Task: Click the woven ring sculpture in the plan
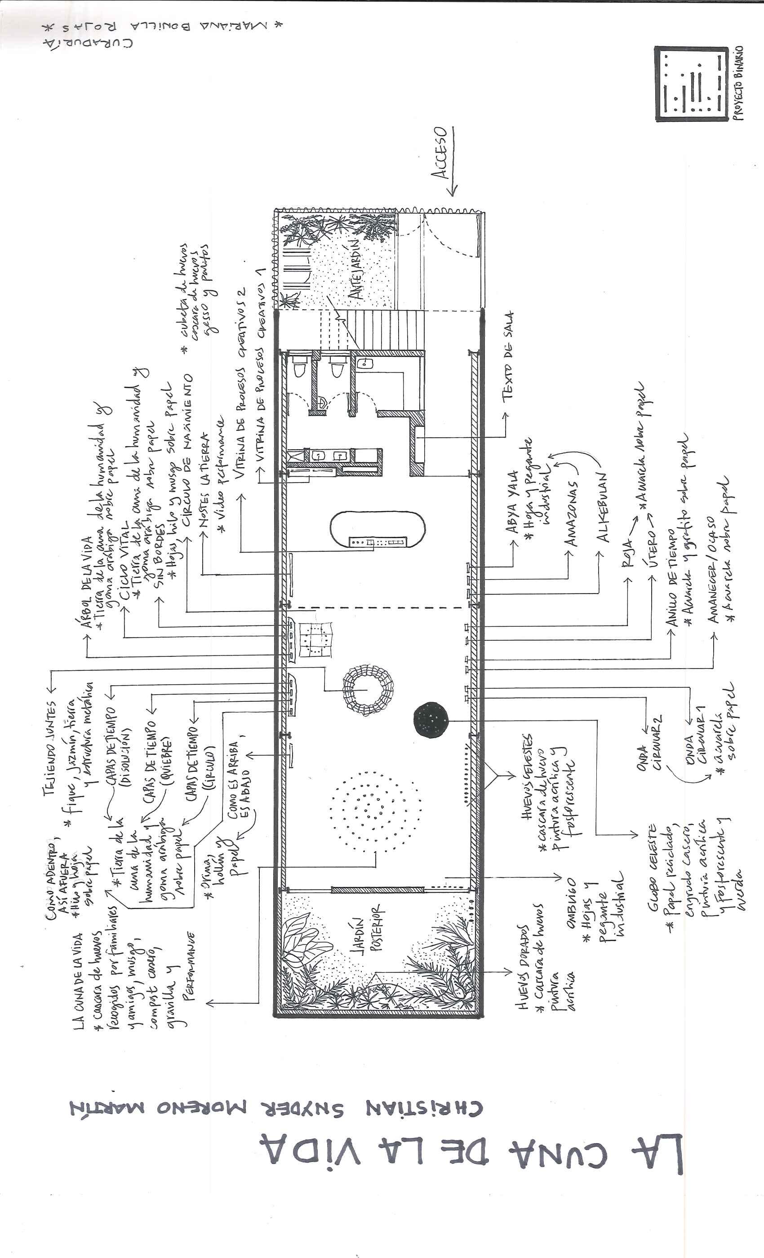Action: click(x=368, y=690)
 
